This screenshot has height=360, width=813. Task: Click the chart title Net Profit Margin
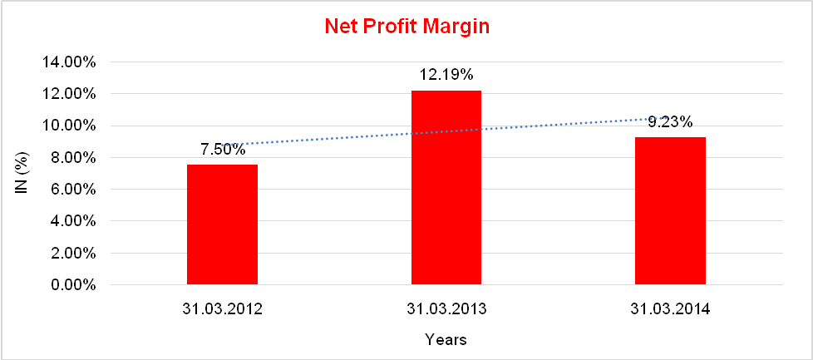pyautogui.click(x=406, y=27)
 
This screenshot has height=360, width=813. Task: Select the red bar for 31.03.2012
pyautogui.click(x=222, y=224)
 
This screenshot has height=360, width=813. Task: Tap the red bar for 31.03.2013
pyautogui.click(x=446, y=187)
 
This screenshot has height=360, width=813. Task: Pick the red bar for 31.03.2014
pyautogui.click(x=670, y=211)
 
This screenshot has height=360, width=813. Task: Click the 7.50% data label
pyautogui.click(x=222, y=150)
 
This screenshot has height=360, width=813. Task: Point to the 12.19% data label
pyautogui.click(x=446, y=75)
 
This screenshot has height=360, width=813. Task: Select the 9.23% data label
pyautogui.click(x=670, y=122)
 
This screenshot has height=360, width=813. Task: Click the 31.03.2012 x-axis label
pyautogui.click(x=222, y=309)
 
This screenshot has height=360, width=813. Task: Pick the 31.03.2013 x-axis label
pyautogui.click(x=446, y=309)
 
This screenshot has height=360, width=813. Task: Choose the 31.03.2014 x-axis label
pyautogui.click(x=670, y=309)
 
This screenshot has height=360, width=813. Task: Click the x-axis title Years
pyautogui.click(x=446, y=339)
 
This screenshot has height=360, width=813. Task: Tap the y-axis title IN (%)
pyautogui.click(x=22, y=174)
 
